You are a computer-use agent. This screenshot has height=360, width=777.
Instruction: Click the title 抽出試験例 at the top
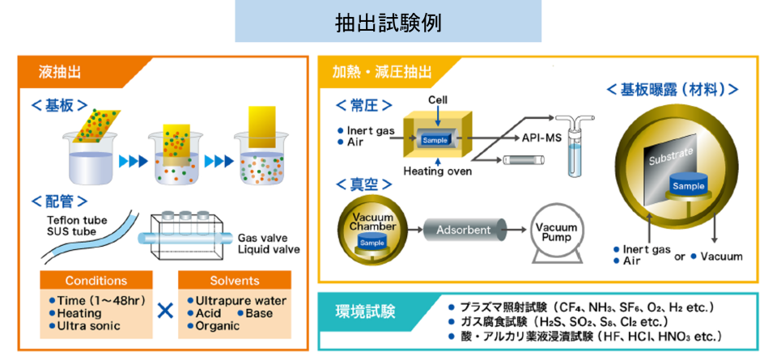point(388,22)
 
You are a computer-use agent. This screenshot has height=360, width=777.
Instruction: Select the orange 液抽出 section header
point(60,73)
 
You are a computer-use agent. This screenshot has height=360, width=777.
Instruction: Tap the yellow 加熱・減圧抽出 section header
point(376,73)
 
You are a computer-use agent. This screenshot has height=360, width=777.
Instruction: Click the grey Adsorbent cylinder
point(464,230)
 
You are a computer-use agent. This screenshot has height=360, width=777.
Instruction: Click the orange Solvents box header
point(234,281)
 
